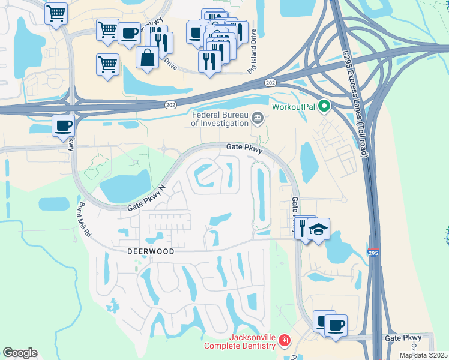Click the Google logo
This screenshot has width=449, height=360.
click(20, 353)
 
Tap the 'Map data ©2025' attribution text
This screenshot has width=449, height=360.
click(423, 355)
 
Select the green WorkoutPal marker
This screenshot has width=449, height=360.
click(325, 107)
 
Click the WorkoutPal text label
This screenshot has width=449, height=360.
click(294, 107)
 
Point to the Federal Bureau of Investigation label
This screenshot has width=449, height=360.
click(220, 119)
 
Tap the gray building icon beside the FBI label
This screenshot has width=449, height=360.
click(258, 118)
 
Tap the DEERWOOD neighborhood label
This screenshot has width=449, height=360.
click(150, 252)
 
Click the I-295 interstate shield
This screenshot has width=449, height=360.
click(374, 253)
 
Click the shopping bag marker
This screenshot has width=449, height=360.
click(148, 58)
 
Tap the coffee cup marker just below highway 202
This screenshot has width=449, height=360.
click(63, 125)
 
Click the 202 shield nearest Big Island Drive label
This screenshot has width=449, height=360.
click(270, 82)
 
